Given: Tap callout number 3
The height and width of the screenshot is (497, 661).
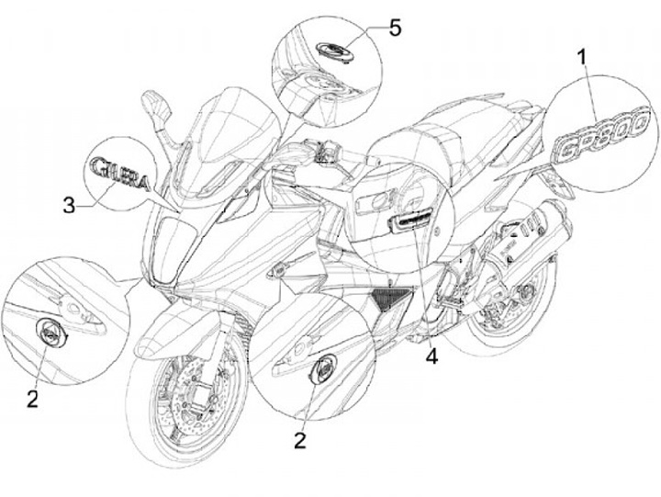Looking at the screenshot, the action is [69, 205].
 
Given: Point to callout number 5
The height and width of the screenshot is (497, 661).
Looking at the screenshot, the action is [395, 28].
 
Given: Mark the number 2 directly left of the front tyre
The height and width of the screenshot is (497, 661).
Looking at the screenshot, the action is [33, 398].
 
